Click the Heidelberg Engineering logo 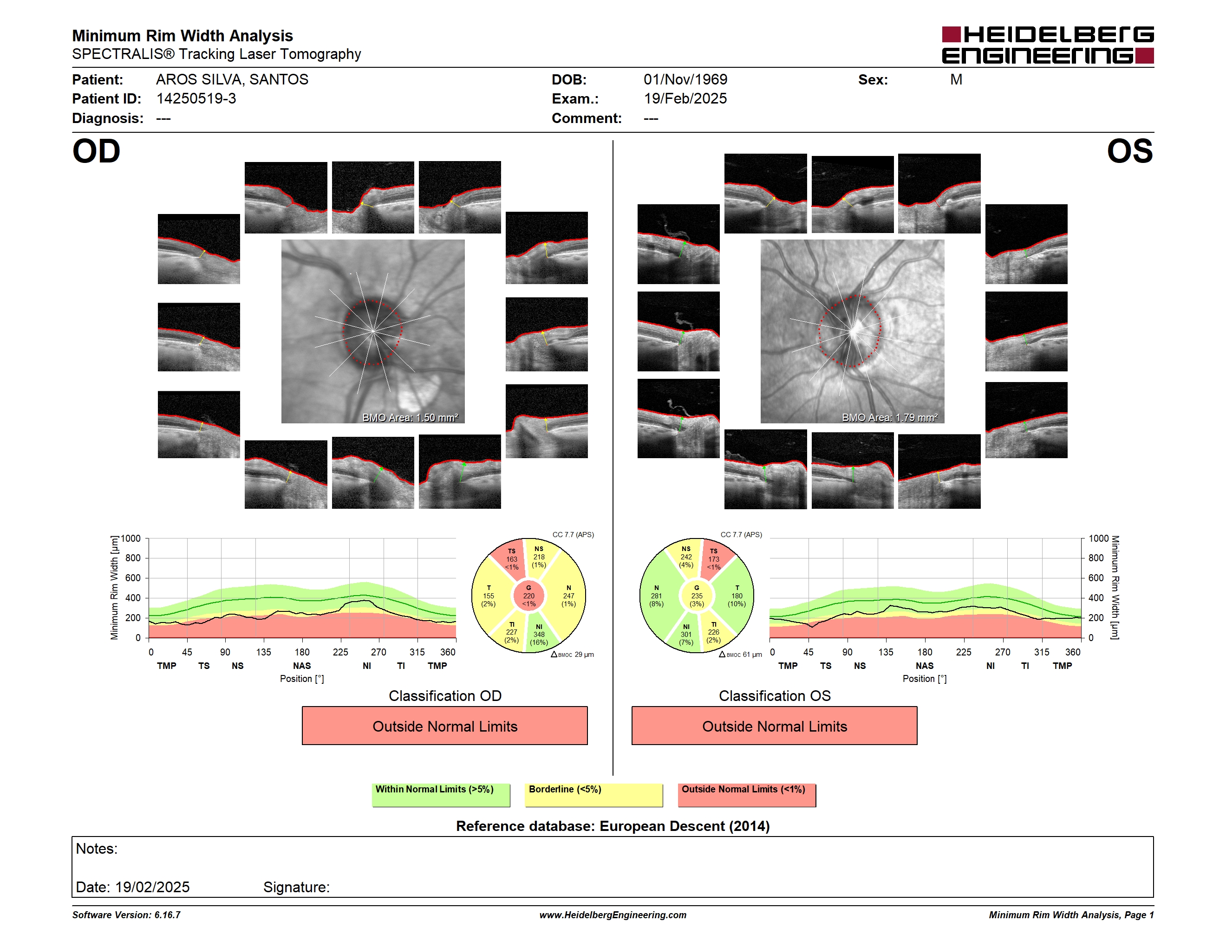(x=1048, y=45)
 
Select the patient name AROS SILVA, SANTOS (x=232, y=80)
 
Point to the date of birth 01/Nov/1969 (x=685, y=80)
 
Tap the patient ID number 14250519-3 (x=196, y=99)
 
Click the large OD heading (x=96, y=151)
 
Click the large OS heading (x=1129, y=151)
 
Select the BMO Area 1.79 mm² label (x=890, y=417)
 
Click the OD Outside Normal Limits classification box (x=444, y=726)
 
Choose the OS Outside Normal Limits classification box (x=774, y=726)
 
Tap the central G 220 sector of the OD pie (x=529, y=596)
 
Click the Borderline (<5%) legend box (x=593, y=795)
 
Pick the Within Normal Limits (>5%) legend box (x=441, y=795)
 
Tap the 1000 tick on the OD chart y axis (x=131, y=538)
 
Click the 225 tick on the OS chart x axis (x=963, y=652)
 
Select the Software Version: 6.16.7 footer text (x=126, y=915)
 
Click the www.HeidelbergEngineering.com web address (x=613, y=915)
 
